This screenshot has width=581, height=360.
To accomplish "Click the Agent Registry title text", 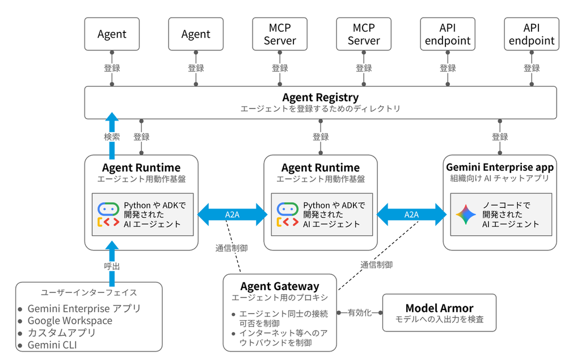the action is (x=321, y=98).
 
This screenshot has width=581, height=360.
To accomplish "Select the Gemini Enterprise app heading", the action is (x=500, y=168).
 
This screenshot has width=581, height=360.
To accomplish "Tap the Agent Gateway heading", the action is (x=280, y=286).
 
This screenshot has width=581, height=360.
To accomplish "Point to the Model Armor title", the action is (x=440, y=308).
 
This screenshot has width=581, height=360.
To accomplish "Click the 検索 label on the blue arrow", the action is (x=112, y=137).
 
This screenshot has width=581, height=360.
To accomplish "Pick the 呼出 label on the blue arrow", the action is (x=112, y=266).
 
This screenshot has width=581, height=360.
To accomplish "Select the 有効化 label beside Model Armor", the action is (x=360, y=312).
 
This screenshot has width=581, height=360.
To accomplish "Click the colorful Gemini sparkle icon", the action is (x=466, y=214).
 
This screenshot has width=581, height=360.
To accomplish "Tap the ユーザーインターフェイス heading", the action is (x=89, y=292).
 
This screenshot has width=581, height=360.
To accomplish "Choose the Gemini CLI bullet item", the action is (x=52, y=345).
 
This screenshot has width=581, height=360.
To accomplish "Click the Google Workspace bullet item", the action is (x=70, y=321).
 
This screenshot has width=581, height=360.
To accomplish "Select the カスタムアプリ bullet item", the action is (x=62, y=333).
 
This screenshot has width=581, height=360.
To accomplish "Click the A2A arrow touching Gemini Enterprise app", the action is (x=412, y=215).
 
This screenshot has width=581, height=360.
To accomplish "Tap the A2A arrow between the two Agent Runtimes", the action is (x=232, y=215).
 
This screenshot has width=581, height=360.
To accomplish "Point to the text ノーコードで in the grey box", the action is (x=506, y=205).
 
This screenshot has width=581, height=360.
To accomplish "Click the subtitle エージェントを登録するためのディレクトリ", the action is (x=321, y=109).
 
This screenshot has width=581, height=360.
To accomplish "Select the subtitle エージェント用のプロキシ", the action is (x=280, y=298).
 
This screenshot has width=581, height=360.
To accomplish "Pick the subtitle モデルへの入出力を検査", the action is (x=440, y=319).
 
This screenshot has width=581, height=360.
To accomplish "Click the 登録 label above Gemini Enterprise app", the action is (x=500, y=137).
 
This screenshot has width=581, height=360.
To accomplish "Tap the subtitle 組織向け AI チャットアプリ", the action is (x=500, y=178).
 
